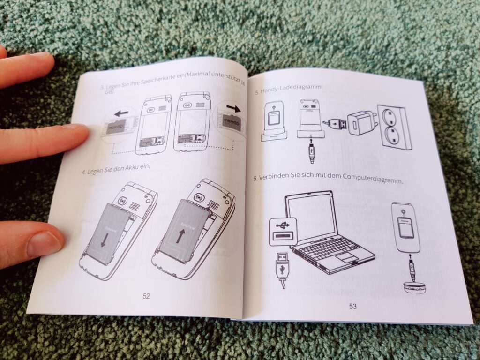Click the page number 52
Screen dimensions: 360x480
click(x=146, y=296)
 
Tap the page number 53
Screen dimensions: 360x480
click(x=352, y=306)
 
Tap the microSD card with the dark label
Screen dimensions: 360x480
click(x=231, y=123)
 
